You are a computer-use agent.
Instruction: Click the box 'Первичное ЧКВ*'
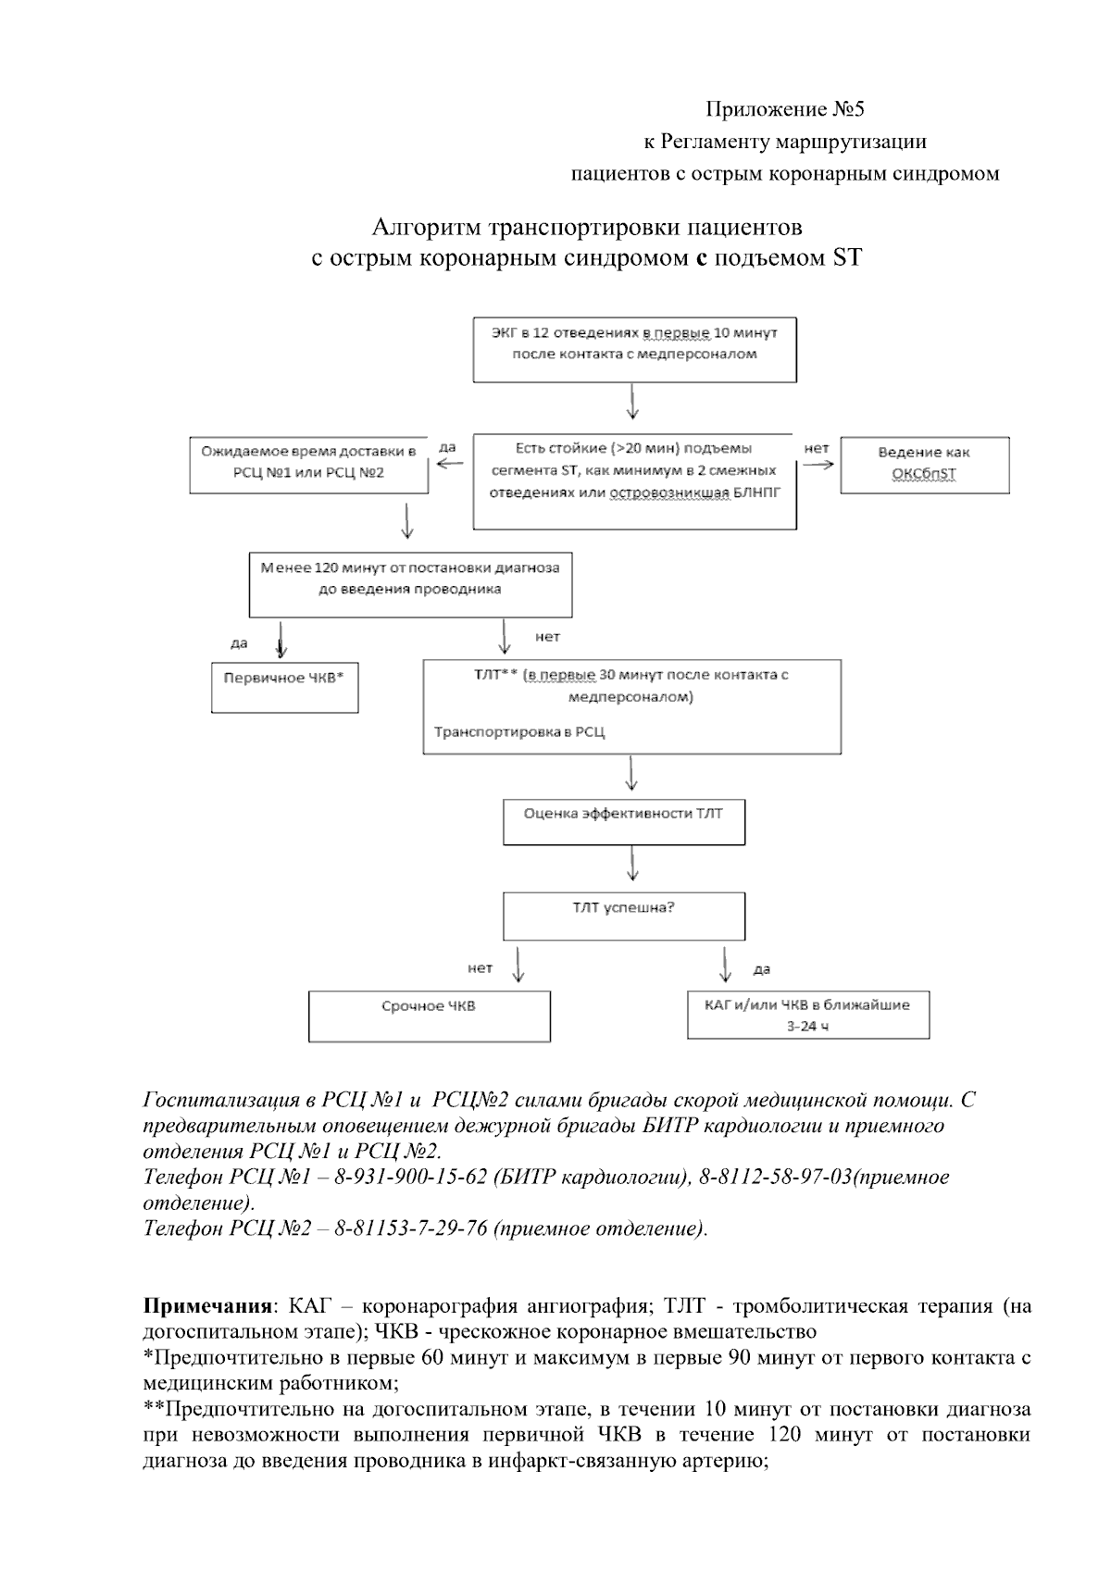(x=284, y=686)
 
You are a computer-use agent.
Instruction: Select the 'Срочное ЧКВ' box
(x=429, y=1016)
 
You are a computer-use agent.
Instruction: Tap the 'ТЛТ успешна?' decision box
(x=623, y=916)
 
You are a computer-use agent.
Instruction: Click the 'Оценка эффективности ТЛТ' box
(x=623, y=821)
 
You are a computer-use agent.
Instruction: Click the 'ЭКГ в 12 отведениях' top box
(x=634, y=350)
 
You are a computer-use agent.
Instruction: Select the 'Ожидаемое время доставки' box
(x=309, y=464)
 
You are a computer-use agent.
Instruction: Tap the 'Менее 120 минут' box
(x=410, y=584)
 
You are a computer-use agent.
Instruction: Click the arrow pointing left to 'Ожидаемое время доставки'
(x=450, y=466)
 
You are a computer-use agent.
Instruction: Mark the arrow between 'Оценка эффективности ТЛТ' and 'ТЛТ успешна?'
(x=631, y=864)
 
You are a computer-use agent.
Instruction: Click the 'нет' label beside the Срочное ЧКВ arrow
(x=480, y=968)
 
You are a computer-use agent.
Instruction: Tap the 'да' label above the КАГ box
(x=762, y=970)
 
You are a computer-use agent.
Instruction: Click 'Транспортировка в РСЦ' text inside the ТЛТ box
(x=519, y=732)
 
